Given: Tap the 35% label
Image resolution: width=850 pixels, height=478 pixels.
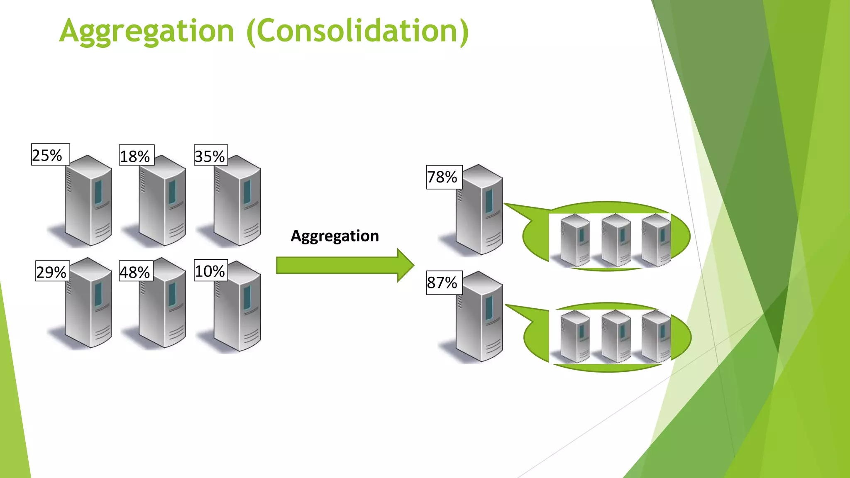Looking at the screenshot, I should click(x=210, y=156).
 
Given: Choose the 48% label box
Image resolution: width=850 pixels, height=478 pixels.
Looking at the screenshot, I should click(x=136, y=271).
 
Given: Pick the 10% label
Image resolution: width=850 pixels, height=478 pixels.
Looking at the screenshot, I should click(x=210, y=271).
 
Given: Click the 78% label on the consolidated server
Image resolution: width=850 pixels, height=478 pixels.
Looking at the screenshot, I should click(x=444, y=177).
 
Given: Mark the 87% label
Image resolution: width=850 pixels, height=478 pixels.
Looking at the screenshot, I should click(x=444, y=283).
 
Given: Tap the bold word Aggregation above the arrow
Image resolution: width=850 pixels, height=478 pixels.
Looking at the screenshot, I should click(x=335, y=236).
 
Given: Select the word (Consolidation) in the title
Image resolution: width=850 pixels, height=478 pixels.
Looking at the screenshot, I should click(x=357, y=31).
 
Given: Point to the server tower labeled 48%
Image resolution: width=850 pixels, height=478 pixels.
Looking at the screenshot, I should click(x=163, y=305).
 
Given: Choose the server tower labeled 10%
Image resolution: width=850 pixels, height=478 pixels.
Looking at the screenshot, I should click(x=237, y=307).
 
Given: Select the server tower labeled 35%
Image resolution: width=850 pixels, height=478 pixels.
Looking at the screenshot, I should click(x=237, y=201).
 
